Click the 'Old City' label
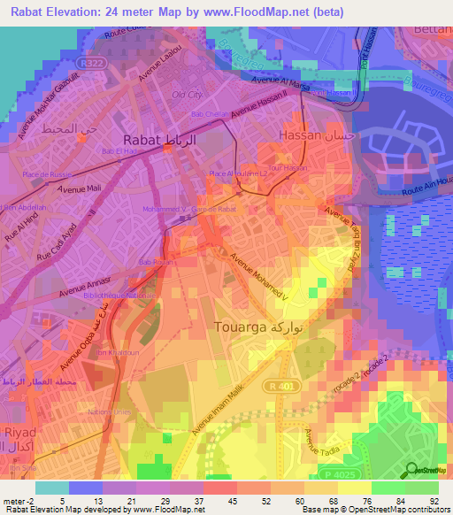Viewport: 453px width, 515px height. pos(188,95)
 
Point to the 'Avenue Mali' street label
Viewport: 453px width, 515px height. pos(77,188)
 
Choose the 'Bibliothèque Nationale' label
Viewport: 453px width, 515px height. pos(121,294)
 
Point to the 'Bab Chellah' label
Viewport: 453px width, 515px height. pos(210,114)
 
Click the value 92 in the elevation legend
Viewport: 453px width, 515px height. pos(434,501)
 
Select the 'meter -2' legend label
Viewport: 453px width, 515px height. pos(17,501)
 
